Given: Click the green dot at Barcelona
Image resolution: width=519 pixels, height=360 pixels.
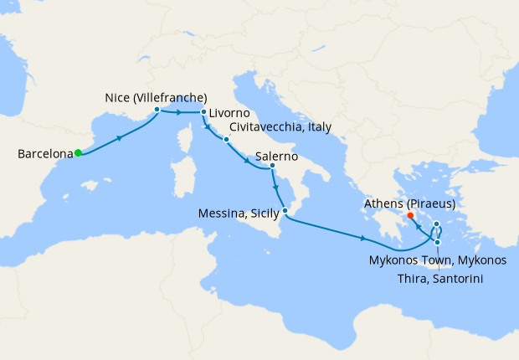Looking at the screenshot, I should pyautogui.click(x=78, y=152).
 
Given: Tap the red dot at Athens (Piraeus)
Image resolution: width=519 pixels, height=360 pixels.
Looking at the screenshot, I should pyautogui.click(x=410, y=216).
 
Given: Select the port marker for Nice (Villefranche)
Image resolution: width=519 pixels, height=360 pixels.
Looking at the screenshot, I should pyautogui.click(x=157, y=109).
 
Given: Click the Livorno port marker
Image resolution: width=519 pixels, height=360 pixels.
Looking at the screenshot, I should pyautogui.click(x=203, y=111).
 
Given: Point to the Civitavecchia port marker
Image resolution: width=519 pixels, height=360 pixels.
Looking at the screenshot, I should pyautogui.click(x=226, y=138).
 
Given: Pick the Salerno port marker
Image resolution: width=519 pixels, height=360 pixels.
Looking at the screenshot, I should pyautogui.click(x=273, y=166).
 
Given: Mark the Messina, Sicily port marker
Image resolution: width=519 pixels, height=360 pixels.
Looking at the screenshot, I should pyautogui.click(x=285, y=212).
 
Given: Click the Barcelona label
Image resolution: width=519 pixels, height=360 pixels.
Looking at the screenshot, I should pyautogui.click(x=44, y=154).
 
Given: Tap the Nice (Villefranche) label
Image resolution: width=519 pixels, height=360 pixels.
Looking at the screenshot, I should pyautogui.click(x=157, y=96).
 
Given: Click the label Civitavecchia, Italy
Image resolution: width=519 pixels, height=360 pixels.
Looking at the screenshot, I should pyautogui.click(x=280, y=127).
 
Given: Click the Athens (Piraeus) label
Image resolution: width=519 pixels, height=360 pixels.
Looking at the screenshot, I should pyautogui.click(x=409, y=203).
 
